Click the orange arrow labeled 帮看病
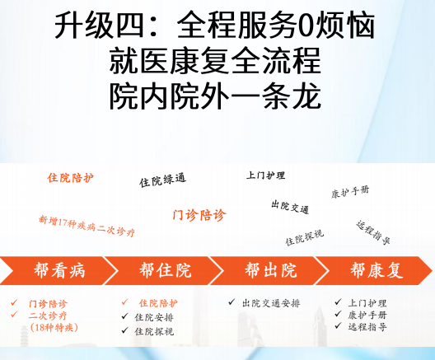coord(58,270)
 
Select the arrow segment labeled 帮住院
coord(165,270)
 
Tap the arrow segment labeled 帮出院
coord(270,270)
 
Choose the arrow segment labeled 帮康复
coord(376,270)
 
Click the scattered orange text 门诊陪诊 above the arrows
coord(199,215)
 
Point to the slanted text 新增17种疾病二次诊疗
coord(87,226)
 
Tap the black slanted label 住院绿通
coord(162,180)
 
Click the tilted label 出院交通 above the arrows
coord(290,207)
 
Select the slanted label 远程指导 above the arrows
coord(373,232)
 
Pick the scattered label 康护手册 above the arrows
coord(350,192)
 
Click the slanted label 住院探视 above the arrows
coord(305,238)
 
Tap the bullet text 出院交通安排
coord(271,303)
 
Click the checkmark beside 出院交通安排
coord(232,302)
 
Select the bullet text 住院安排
coord(154,317)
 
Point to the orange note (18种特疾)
coord(54,328)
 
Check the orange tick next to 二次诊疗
coord(14,315)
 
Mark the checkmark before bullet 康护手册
coord(338,314)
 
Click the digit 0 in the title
coord(306,26)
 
